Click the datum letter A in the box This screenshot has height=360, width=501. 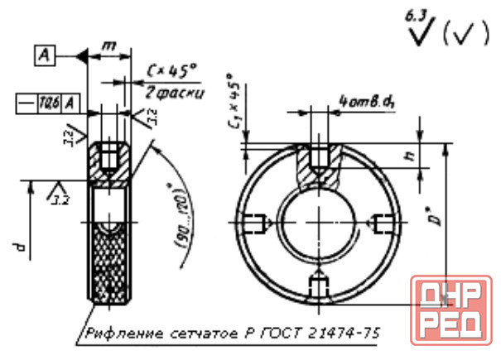(46, 55)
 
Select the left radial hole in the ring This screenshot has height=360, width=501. (256, 223)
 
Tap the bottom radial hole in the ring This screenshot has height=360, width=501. (317, 285)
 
